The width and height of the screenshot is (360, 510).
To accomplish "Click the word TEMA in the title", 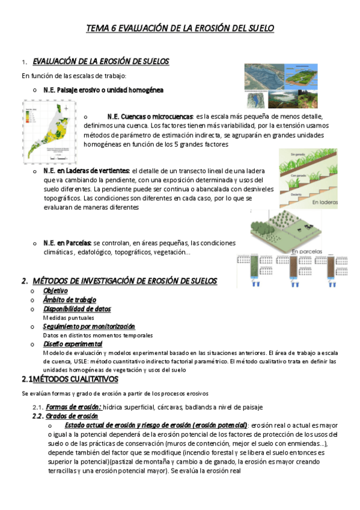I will [x=97, y=28].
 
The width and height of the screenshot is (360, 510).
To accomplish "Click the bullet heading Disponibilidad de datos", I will [x=77, y=309].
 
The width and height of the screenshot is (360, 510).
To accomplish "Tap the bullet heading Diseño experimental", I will [x=73, y=344].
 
